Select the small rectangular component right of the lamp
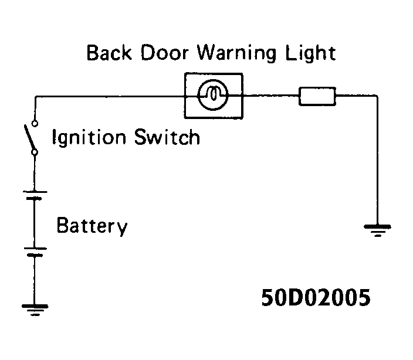pos(317,96)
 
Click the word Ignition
pos(92,138)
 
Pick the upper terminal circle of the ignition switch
pos(35,123)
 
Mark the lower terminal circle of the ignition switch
pos(35,152)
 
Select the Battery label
pos(92,226)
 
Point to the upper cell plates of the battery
pos(35,195)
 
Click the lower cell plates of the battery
pos(35,251)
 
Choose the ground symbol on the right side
pos(377,229)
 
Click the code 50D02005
pos(316,298)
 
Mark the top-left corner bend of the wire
pos(35,96)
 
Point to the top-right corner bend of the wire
pos(377,96)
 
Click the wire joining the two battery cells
pos(35,223)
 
